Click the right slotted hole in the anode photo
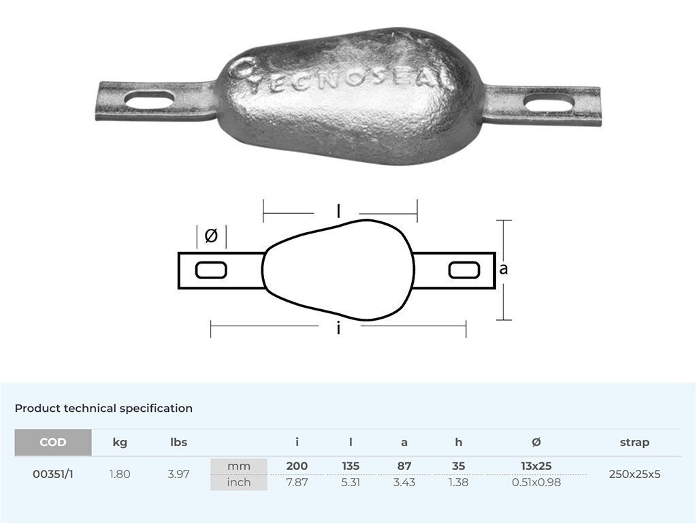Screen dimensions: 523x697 coord(548,104)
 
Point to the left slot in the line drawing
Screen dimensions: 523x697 coord(211,270)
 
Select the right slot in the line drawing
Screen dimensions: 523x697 coord(464,270)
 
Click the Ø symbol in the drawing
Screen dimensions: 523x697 coord(211,236)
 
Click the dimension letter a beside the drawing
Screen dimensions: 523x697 coord(504,269)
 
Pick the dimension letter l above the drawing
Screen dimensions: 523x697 coord(339,212)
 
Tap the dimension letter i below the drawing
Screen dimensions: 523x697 coord(338,329)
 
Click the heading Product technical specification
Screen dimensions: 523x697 coord(103,409)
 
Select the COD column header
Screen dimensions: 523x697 coord(53,443)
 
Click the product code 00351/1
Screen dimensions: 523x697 coord(53,474)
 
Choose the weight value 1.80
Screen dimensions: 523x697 coord(120,474)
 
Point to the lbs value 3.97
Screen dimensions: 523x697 coord(178,474)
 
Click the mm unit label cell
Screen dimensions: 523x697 coord(239,466)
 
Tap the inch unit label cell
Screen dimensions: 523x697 coord(239,482)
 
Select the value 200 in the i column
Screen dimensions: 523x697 coord(297,466)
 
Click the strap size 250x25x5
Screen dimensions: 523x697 coord(634,474)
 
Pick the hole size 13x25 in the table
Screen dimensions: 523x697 coord(536,466)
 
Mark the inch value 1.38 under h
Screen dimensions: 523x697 coord(458,482)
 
